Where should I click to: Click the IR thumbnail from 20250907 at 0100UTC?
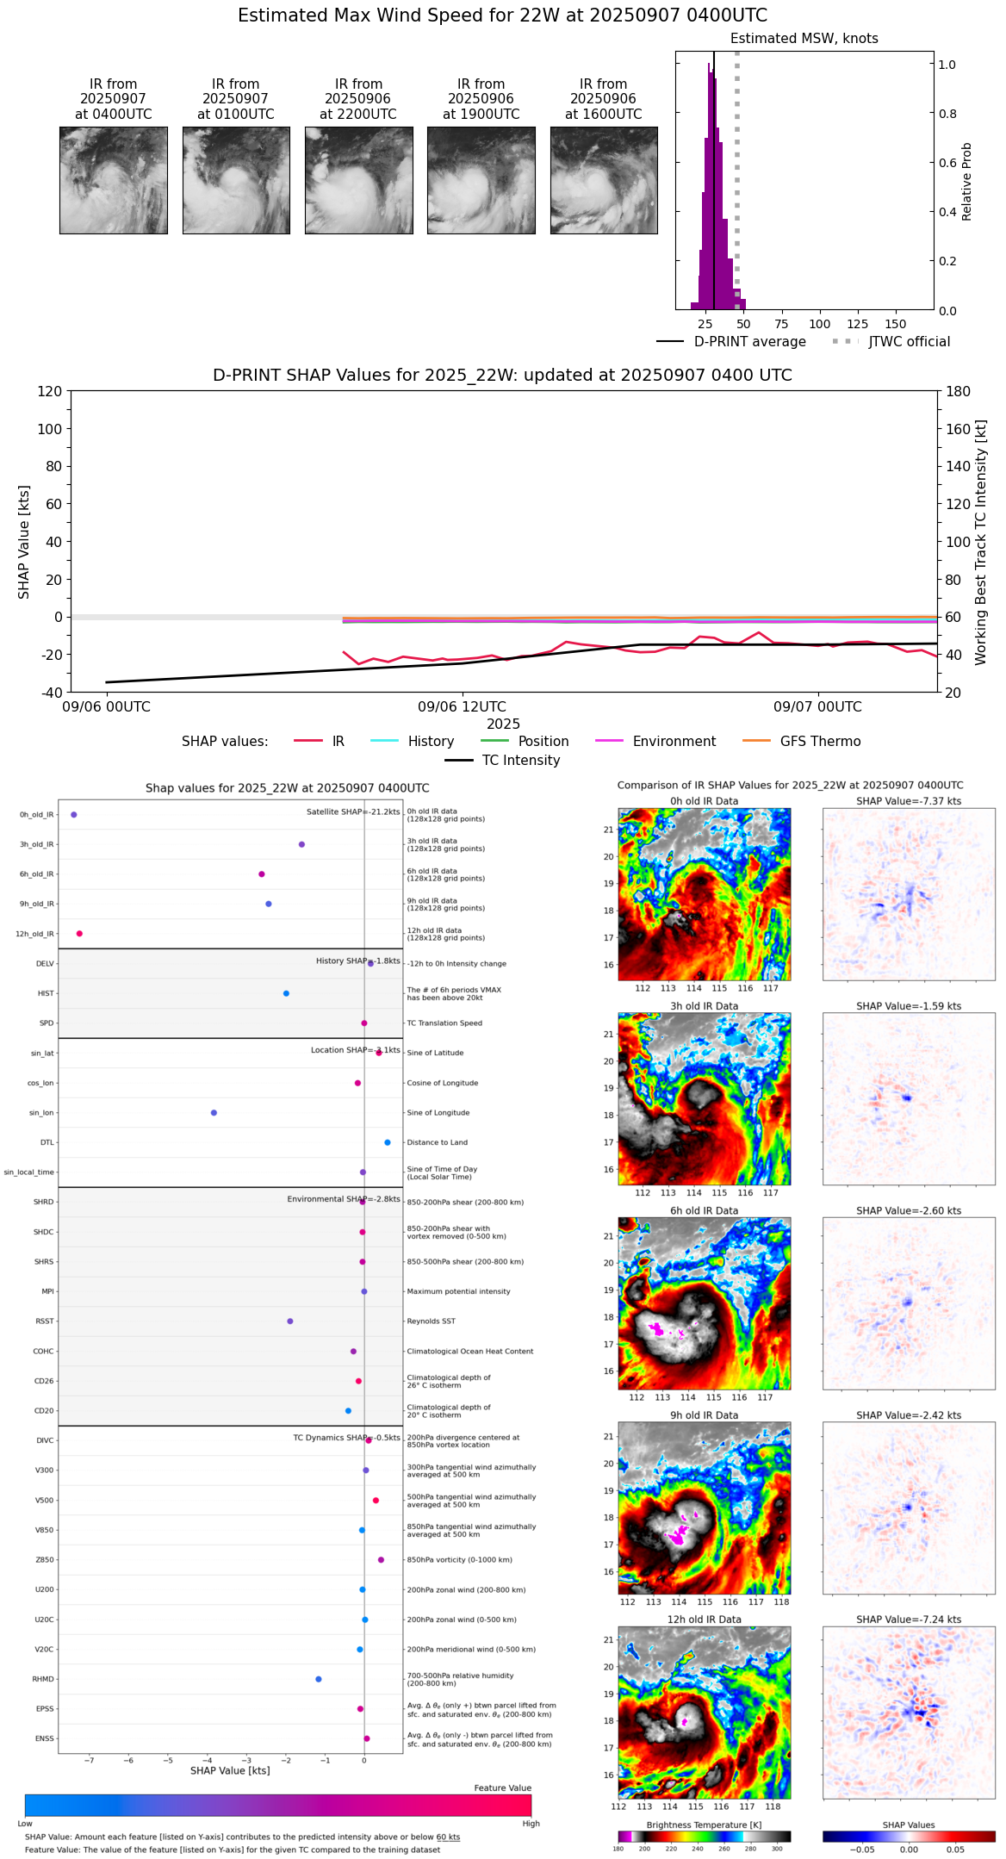click(236, 180)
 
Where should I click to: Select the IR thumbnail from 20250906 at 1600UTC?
click(604, 180)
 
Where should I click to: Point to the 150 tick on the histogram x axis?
click(896, 324)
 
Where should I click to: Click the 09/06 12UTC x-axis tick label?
click(462, 707)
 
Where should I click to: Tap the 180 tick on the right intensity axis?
click(959, 391)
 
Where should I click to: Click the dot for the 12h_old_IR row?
click(79, 934)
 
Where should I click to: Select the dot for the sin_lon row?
click(214, 1113)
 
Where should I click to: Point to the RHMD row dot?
click(319, 1679)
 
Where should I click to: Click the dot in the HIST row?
click(286, 993)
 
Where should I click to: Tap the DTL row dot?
click(388, 1142)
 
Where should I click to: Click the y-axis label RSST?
click(44, 1321)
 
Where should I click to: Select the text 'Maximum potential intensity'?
click(458, 1291)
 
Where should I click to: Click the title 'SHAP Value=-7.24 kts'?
click(909, 1620)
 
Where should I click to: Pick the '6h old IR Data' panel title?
click(704, 1210)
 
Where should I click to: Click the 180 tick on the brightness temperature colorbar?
click(618, 1849)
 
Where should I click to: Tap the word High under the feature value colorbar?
click(531, 1824)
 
